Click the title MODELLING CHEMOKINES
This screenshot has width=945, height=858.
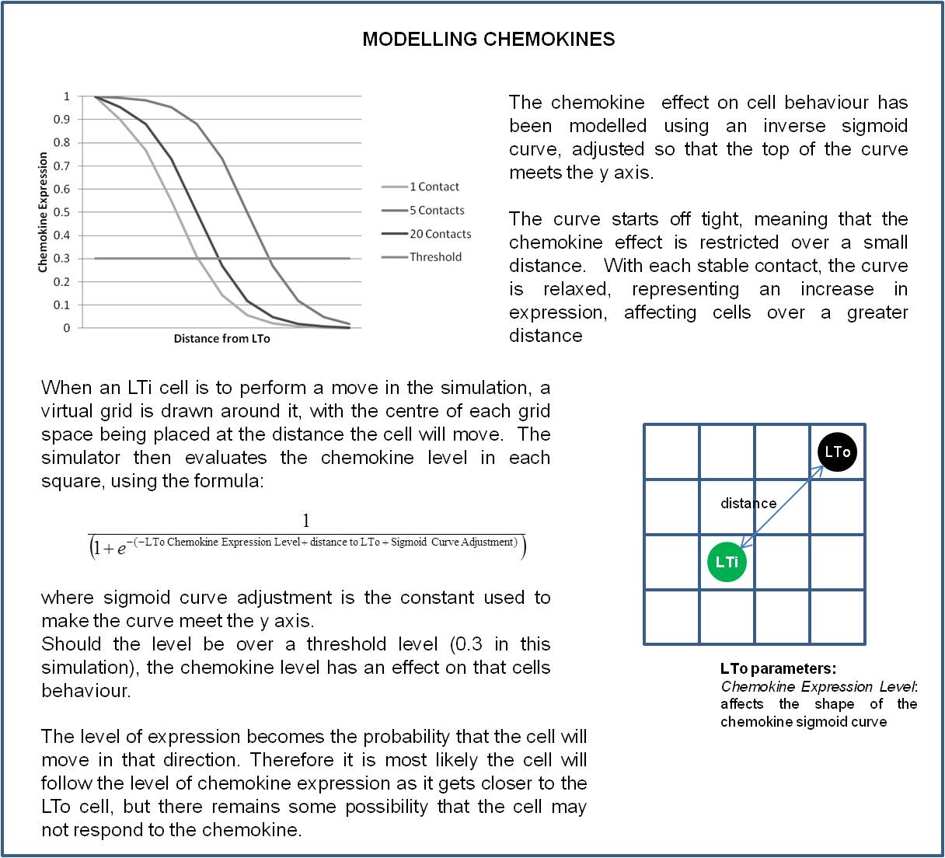[x=488, y=40]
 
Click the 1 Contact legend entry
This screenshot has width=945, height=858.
[x=434, y=187]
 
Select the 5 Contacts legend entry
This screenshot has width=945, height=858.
[x=436, y=211]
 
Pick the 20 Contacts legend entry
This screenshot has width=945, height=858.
[x=440, y=234]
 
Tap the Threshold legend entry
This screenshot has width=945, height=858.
[x=435, y=257]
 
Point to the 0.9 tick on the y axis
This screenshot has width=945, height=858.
[x=61, y=120]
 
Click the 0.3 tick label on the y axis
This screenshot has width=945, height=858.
[x=61, y=259]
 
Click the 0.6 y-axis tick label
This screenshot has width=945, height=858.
[x=61, y=189]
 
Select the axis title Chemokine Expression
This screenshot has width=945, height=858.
[x=43, y=212]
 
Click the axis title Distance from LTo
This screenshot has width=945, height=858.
[x=221, y=339]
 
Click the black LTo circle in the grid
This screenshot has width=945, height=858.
[x=837, y=452]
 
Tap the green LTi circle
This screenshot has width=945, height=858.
[x=727, y=562]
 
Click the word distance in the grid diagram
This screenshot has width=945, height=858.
[x=748, y=504]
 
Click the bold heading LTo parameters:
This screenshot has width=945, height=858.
[x=778, y=668]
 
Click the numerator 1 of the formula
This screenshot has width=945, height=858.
[x=306, y=521]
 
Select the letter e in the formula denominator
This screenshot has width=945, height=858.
[x=121, y=549]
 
